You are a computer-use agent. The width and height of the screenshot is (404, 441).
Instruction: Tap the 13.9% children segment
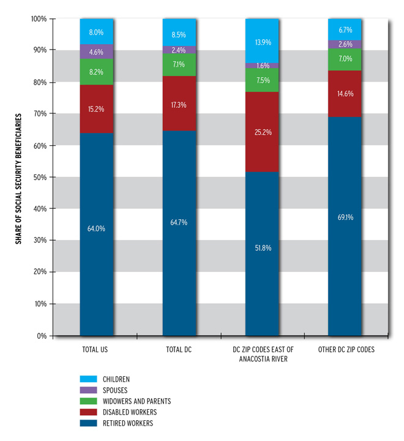point(262,41)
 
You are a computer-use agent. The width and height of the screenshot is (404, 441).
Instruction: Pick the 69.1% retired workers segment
point(345,226)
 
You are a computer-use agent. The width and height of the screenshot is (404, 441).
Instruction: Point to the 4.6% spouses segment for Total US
point(96,51)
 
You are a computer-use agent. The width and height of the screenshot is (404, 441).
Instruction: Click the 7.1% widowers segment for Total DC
point(179,65)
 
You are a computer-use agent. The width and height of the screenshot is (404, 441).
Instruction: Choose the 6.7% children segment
point(345,29)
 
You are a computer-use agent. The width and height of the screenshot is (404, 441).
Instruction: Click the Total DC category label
point(179,349)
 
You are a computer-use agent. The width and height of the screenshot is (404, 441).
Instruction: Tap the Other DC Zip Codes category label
point(345,349)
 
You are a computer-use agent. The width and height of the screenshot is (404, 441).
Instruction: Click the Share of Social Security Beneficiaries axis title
point(19,178)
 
